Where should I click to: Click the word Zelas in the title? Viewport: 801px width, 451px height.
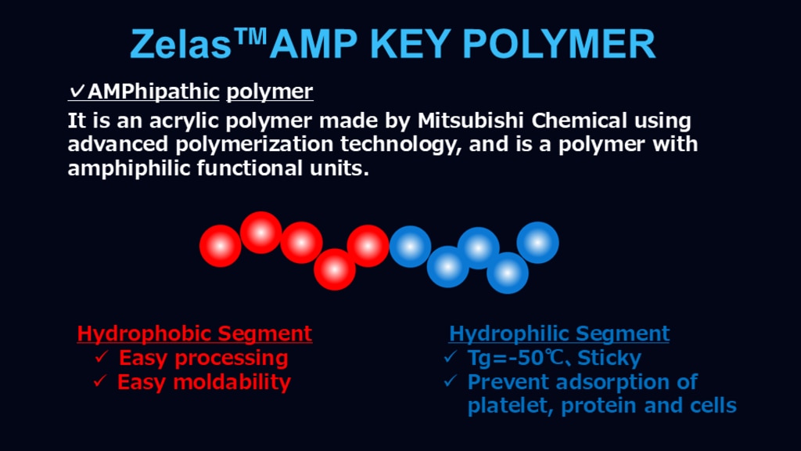(181, 44)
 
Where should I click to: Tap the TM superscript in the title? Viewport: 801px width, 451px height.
(250, 37)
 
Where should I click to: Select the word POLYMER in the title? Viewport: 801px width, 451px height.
(559, 44)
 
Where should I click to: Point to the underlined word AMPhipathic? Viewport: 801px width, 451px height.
(153, 92)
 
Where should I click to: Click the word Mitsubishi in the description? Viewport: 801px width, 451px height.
(471, 121)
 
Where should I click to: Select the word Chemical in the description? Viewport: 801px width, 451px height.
(579, 121)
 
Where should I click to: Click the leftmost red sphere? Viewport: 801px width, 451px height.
(220, 246)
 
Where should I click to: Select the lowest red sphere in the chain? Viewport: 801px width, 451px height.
(335, 269)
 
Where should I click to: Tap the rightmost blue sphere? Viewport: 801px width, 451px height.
(537, 243)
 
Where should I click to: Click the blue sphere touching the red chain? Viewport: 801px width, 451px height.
(410, 247)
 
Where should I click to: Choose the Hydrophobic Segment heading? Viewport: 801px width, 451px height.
(194, 334)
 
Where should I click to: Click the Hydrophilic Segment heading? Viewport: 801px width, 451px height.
(559, 334)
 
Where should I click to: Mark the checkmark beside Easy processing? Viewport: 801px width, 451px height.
(102, 356)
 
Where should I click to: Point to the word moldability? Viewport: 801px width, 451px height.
(232, 382)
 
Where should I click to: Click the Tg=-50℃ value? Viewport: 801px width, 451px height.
(512, 357)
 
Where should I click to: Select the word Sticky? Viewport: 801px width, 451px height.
(609, 357)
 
